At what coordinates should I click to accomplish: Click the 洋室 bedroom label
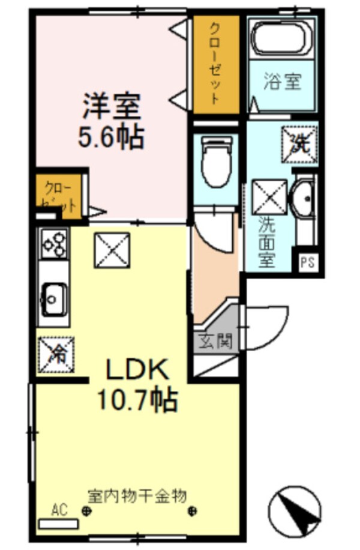click(x=111, y=107)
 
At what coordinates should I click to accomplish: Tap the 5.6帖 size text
click(x=111, y=138)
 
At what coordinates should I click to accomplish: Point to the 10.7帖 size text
click(x=137, y=399)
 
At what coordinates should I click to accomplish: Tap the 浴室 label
click(x=281, y=82)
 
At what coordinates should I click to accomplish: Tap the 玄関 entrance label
click(x=215, y=340)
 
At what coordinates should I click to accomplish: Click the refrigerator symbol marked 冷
click(x=55, y=352)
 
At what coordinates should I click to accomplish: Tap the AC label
click(x=58, y=511)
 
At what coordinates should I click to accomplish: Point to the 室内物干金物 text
click(x=137, y=496)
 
